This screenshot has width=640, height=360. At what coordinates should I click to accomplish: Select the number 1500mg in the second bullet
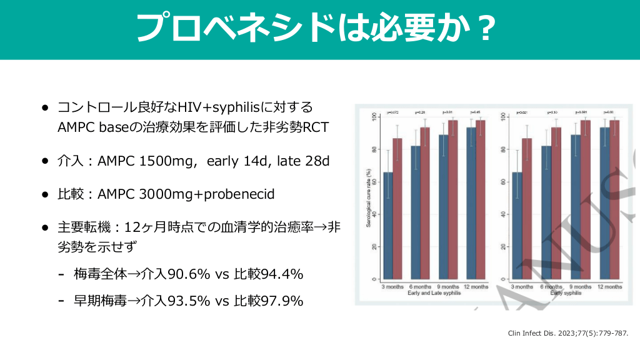[163, 160]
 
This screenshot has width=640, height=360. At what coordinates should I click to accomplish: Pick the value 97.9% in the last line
[279, 301]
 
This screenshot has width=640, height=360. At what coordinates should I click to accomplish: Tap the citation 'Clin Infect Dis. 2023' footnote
[568, 333]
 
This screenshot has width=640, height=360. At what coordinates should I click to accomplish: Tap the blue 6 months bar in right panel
[546, 212]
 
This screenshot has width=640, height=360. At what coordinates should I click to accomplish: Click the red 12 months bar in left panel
[480, 199]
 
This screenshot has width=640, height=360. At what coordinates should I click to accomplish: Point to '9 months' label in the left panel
[448, 286]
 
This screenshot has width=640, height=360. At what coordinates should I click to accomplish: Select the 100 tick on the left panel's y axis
[374, 116]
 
